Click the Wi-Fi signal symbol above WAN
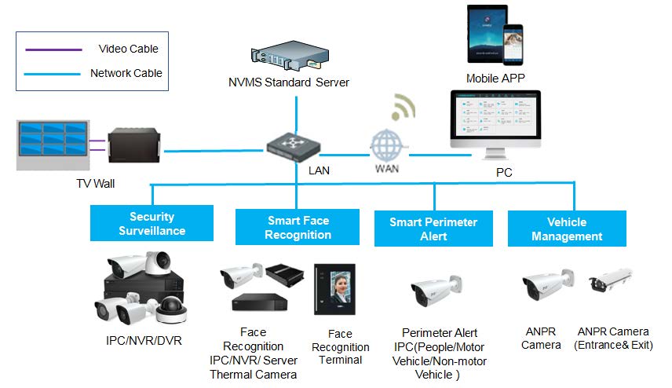[404, 107]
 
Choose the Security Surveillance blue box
[152, 223]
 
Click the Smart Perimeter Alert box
[433, 229]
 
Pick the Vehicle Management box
[567, 229]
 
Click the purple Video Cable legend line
[53, 49]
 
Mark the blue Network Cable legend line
[53, 74]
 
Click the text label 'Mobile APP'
[495, 78]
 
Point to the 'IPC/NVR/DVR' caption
[140, 341]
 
